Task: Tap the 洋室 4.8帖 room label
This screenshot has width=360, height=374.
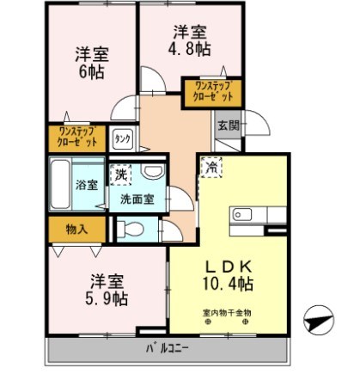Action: (x=188, y=42)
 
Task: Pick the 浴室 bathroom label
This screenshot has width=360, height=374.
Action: (x=86, y=184)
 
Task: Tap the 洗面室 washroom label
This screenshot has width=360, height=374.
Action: (x=137, y=199)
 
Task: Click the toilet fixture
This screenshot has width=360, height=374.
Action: (x=128, y=229)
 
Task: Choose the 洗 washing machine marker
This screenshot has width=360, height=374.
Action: (x=121, y=174)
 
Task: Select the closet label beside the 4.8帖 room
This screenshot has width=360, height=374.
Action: (x=213, y=90)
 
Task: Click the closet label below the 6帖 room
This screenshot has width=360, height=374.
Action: (x=75, y=136)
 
